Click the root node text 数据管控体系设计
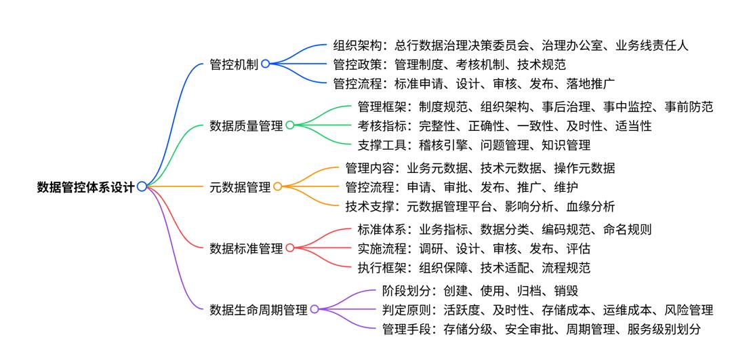(85, 186)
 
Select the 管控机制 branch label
(234, 64)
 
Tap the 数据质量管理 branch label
(246, 125)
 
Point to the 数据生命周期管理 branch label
(258, 310)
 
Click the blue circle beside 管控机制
(266, 64)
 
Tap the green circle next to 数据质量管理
(290, 125)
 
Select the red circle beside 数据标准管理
(290, 248)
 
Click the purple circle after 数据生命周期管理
(314, 309)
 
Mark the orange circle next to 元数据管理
(278, 186)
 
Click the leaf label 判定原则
(406, 310)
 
